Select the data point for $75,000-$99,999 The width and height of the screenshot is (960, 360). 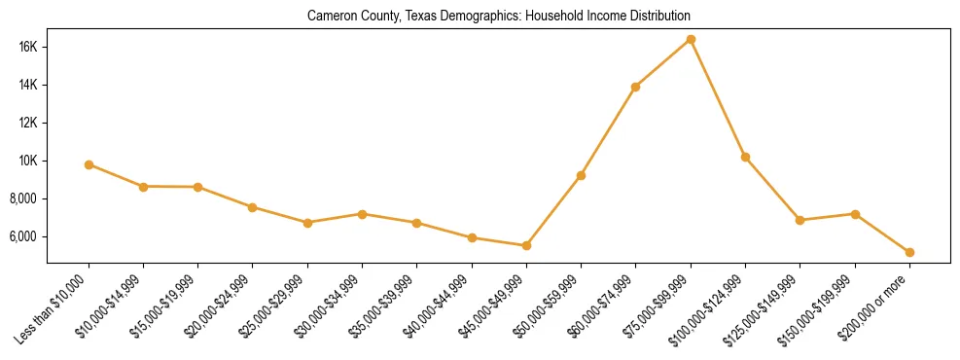(691, 39)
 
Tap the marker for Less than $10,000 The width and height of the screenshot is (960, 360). (89, 164)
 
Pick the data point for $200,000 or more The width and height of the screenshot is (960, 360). (909, 252)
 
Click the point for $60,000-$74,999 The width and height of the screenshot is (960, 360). (635, 87)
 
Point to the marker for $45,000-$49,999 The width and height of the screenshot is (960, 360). (526, 245)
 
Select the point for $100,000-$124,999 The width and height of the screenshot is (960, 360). (745, 157)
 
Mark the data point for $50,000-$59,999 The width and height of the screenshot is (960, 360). (581, 175)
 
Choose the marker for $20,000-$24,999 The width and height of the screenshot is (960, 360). (253, 207)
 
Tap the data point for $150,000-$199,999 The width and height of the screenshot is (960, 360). (855, 214)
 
